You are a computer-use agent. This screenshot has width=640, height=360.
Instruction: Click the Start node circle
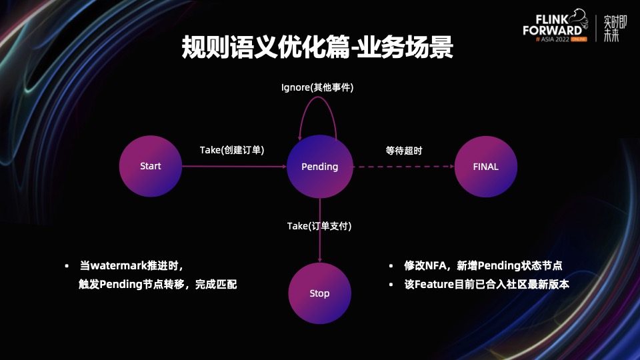click(x=151, y=166)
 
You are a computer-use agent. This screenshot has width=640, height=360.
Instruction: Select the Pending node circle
click(x=319, y=166)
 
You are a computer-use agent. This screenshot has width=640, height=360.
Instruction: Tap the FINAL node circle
click(x=485, y=166)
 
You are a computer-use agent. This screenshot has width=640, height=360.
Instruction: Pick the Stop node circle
click(x=319, y=293)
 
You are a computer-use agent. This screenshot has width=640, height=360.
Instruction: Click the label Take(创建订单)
click(x=232, y=150)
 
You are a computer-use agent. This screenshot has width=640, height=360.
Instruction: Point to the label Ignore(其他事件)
click(x=317, y=87)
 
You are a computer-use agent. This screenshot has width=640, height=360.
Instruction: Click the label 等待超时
click(x=404, y=151)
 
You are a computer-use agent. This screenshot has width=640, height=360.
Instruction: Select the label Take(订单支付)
click(x=319, y=226)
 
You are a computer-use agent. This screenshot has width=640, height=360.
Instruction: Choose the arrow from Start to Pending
click(x=233, y=167)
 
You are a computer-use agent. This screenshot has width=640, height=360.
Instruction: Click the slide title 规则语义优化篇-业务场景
click(x=317, y=49)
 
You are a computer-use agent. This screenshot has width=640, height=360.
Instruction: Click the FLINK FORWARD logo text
click(x=553, y=25)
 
